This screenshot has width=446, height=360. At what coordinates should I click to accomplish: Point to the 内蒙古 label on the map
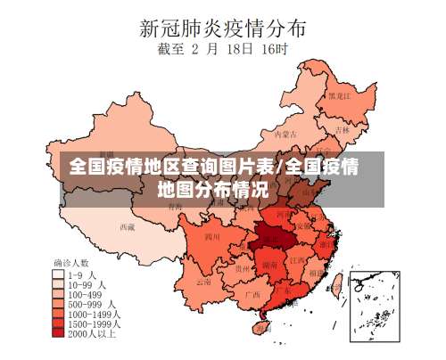pos(284,134)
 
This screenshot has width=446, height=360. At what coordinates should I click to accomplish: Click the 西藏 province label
pos(128,226)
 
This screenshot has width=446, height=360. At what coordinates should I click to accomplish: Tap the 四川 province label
pos(211,237)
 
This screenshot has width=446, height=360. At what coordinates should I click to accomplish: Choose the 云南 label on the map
pos(204,281)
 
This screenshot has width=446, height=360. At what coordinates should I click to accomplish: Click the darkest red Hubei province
pos(272,235)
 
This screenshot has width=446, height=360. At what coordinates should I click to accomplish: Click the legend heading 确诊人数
pos(71,264)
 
